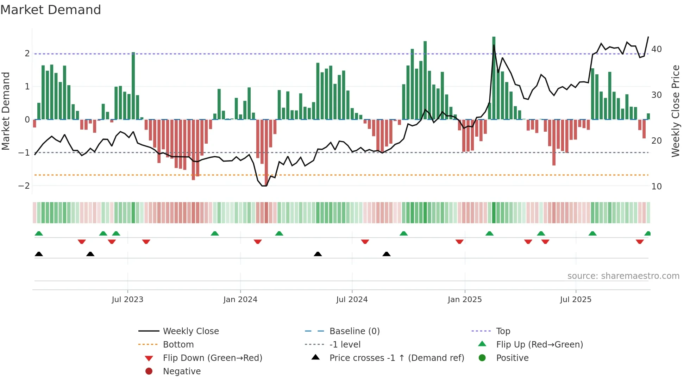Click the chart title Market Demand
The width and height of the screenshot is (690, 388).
pos(51,10)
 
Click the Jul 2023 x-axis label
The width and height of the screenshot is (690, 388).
pos(127,300)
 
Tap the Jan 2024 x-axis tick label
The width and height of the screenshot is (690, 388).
pos(240,300)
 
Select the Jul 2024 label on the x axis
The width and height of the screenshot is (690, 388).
pos(352,300)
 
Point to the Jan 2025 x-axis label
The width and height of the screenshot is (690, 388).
pos(465,300)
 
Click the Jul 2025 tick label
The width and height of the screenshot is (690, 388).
pos(576,300)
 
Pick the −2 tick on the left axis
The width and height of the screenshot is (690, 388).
pos(24,186)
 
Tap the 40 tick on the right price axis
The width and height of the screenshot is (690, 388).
pos(657,49)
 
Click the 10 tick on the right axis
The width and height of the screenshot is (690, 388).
pos(657,187)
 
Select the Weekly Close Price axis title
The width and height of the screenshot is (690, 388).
pos(676,111)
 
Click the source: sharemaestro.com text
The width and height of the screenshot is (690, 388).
pos(623,276)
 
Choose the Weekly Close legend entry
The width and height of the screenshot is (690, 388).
pos(191,331)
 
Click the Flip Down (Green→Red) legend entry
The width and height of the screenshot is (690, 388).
pos(212,358)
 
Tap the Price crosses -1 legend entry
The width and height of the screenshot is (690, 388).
pos(397,358)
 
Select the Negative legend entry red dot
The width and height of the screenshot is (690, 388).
pos(149,371)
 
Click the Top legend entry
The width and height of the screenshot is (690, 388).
pos(503,331)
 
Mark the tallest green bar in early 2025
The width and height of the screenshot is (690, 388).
pos(494,77)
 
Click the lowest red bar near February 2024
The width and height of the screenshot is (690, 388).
pos(266,151)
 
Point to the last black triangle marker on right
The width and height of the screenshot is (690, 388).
pos(387,254)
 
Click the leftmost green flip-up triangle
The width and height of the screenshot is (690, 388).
pos(39,233)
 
